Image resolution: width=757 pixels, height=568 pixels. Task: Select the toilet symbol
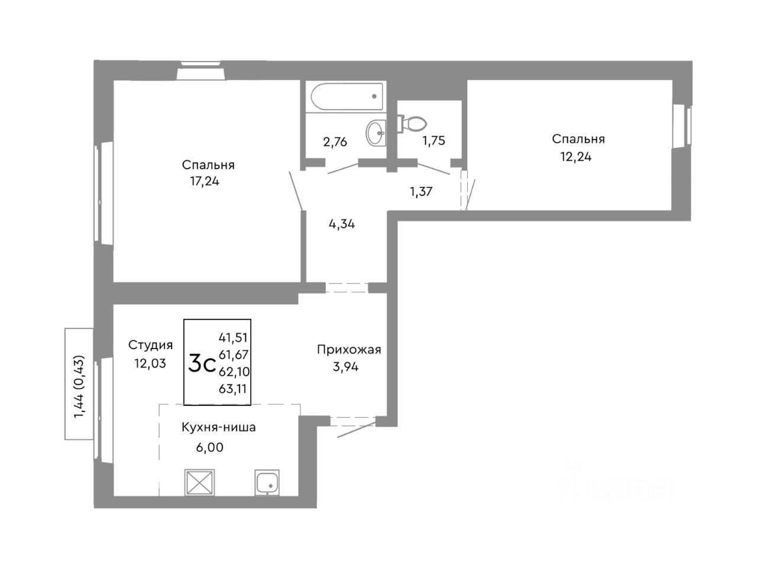413,124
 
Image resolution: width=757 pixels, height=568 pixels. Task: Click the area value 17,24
204,182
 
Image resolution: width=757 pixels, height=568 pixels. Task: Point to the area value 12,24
576,157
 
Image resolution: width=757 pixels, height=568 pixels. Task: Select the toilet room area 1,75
433,141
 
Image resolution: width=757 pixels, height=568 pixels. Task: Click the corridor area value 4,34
341,224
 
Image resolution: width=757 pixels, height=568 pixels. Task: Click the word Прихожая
349,350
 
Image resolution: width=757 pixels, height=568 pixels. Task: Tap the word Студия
150,345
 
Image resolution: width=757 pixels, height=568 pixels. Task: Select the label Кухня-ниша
218,427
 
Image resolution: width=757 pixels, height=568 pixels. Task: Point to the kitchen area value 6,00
209,448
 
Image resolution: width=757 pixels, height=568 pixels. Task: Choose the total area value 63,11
233,389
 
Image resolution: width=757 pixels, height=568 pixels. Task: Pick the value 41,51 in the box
233,337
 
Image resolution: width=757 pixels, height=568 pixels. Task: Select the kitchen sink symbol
268,483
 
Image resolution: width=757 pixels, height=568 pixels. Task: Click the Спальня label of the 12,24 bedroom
578,139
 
